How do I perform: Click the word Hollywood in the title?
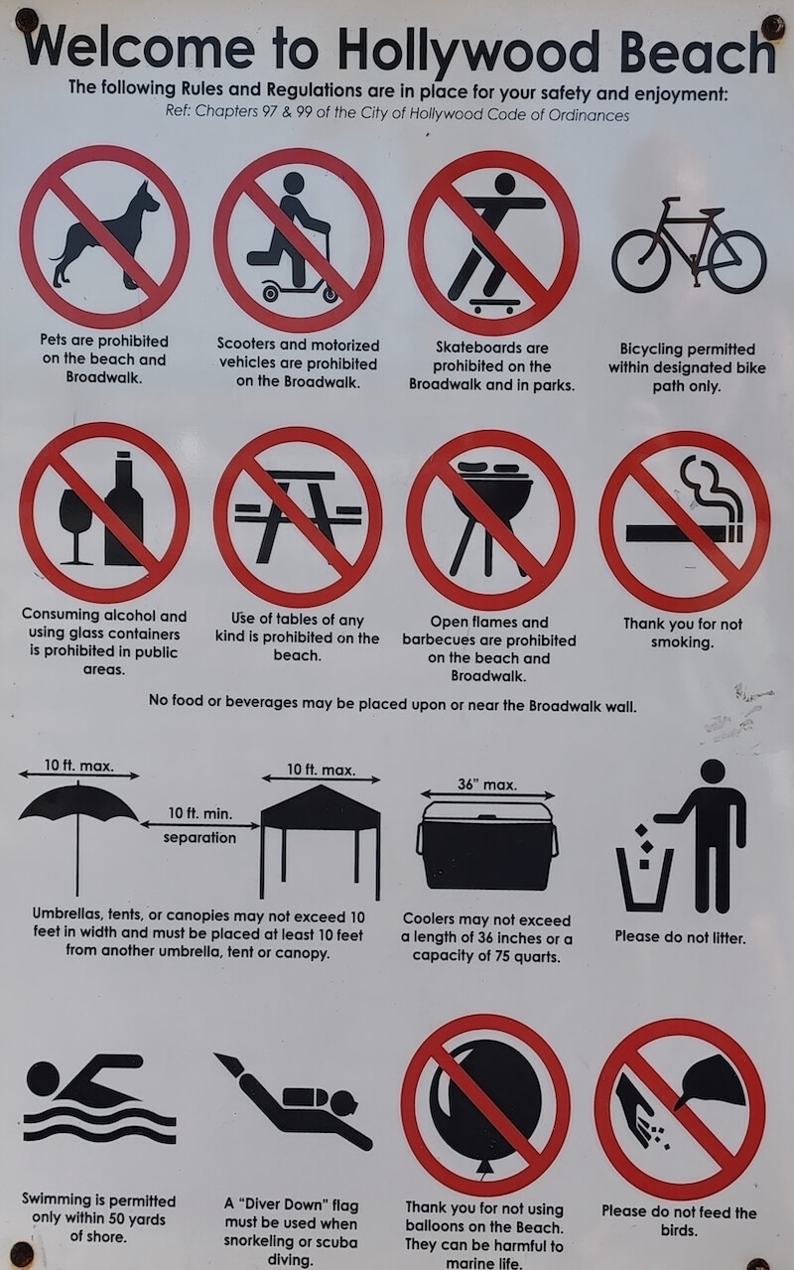[468, 53]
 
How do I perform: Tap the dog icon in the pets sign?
[106, 237]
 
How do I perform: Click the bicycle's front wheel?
[736, 262]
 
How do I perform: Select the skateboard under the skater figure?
[494, 306]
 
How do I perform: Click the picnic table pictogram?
[298, 515]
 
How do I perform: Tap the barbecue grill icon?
[491, 517]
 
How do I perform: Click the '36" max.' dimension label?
[487, 784]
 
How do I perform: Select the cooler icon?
[487, 845]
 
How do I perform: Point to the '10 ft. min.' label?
[200, 813]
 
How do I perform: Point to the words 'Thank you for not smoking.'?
[683, 633]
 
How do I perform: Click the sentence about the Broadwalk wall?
[392, 704]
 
